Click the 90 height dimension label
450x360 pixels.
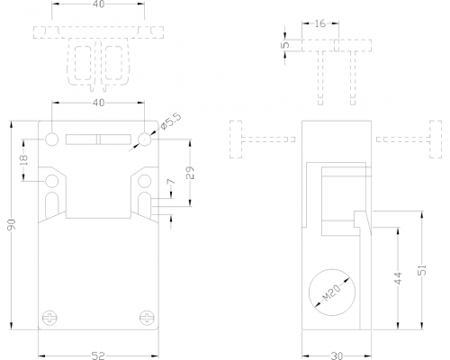click(x=12, y=225)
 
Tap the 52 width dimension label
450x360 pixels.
click(x=98, y=355)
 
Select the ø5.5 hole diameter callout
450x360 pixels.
click(x=171, y=121)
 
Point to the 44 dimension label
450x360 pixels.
click(x=398, y=278)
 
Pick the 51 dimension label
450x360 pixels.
click(x=422, y=270)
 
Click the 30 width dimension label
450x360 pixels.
click(x=337, y=355)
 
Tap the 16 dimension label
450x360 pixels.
click(x=320, y=23)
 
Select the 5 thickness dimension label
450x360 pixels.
click(x=286, y=45)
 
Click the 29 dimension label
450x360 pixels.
click(x=190, y=173)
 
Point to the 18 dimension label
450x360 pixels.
click(x=24, y=159)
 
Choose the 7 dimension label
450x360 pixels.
click(x=170, y=182)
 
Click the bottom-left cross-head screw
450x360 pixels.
click(x=49, y=318)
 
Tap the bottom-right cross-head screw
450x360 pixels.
click(x=147, y=318)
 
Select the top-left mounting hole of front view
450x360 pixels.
click(x=52, y=139)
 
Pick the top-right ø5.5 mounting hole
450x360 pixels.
click(x=145, y=139)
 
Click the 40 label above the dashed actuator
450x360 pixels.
click(x=98, y=4)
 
